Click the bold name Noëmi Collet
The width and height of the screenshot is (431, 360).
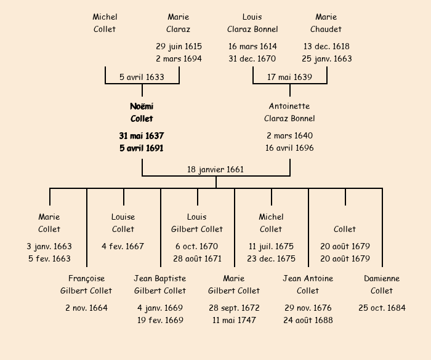(142, 112)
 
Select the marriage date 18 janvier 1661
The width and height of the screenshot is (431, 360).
(216, 169)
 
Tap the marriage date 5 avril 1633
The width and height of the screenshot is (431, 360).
(142, 77)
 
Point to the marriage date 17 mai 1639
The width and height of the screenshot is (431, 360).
(289, 77)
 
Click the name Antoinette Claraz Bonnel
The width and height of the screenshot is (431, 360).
(289, 112)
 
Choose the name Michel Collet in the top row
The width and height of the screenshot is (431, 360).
(105, 23)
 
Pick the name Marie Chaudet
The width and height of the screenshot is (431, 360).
(326, 23)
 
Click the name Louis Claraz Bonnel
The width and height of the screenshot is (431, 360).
(252, 23)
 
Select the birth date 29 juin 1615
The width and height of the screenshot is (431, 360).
(179, 46)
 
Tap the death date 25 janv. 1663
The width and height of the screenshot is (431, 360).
(326, 59)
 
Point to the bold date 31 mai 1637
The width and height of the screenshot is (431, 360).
(142, 135)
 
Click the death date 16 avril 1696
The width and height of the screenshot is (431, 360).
(289, 148)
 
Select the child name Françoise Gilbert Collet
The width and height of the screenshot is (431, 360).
(86, 284)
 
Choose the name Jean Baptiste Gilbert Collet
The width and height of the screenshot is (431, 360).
(160, 284)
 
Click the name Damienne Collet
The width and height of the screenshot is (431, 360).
(382, 284)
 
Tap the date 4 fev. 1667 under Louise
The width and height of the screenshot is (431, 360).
(123, 246)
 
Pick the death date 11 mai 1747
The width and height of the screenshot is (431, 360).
(234, 320)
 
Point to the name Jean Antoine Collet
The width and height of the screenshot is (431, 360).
(308, 284)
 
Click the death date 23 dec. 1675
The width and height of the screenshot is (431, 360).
(271, 258)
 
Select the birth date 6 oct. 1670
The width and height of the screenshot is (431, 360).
(197, 246)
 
